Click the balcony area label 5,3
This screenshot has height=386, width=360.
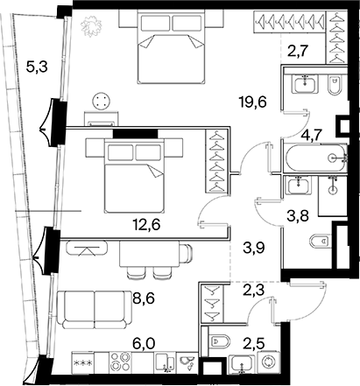coord(37,67)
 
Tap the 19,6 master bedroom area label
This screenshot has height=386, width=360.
coord(252,102)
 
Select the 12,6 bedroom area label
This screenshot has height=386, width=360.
coord(146,225)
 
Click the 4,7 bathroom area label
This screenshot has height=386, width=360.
coord(312,135)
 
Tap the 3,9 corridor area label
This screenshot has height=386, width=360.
coord(254,249)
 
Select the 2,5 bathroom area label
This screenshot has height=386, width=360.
coord(254,344)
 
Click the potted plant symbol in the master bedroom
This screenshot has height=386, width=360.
coord(91,26)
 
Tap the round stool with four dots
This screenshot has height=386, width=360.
coord(102,101)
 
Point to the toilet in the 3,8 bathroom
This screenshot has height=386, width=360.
coord(321,241)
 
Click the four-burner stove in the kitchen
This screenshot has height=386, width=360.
coord(120,361)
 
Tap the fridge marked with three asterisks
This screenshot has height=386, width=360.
coord(83,362)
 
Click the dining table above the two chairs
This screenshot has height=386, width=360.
coord(149,254)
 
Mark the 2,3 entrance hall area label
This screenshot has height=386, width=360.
coord(254,291)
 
